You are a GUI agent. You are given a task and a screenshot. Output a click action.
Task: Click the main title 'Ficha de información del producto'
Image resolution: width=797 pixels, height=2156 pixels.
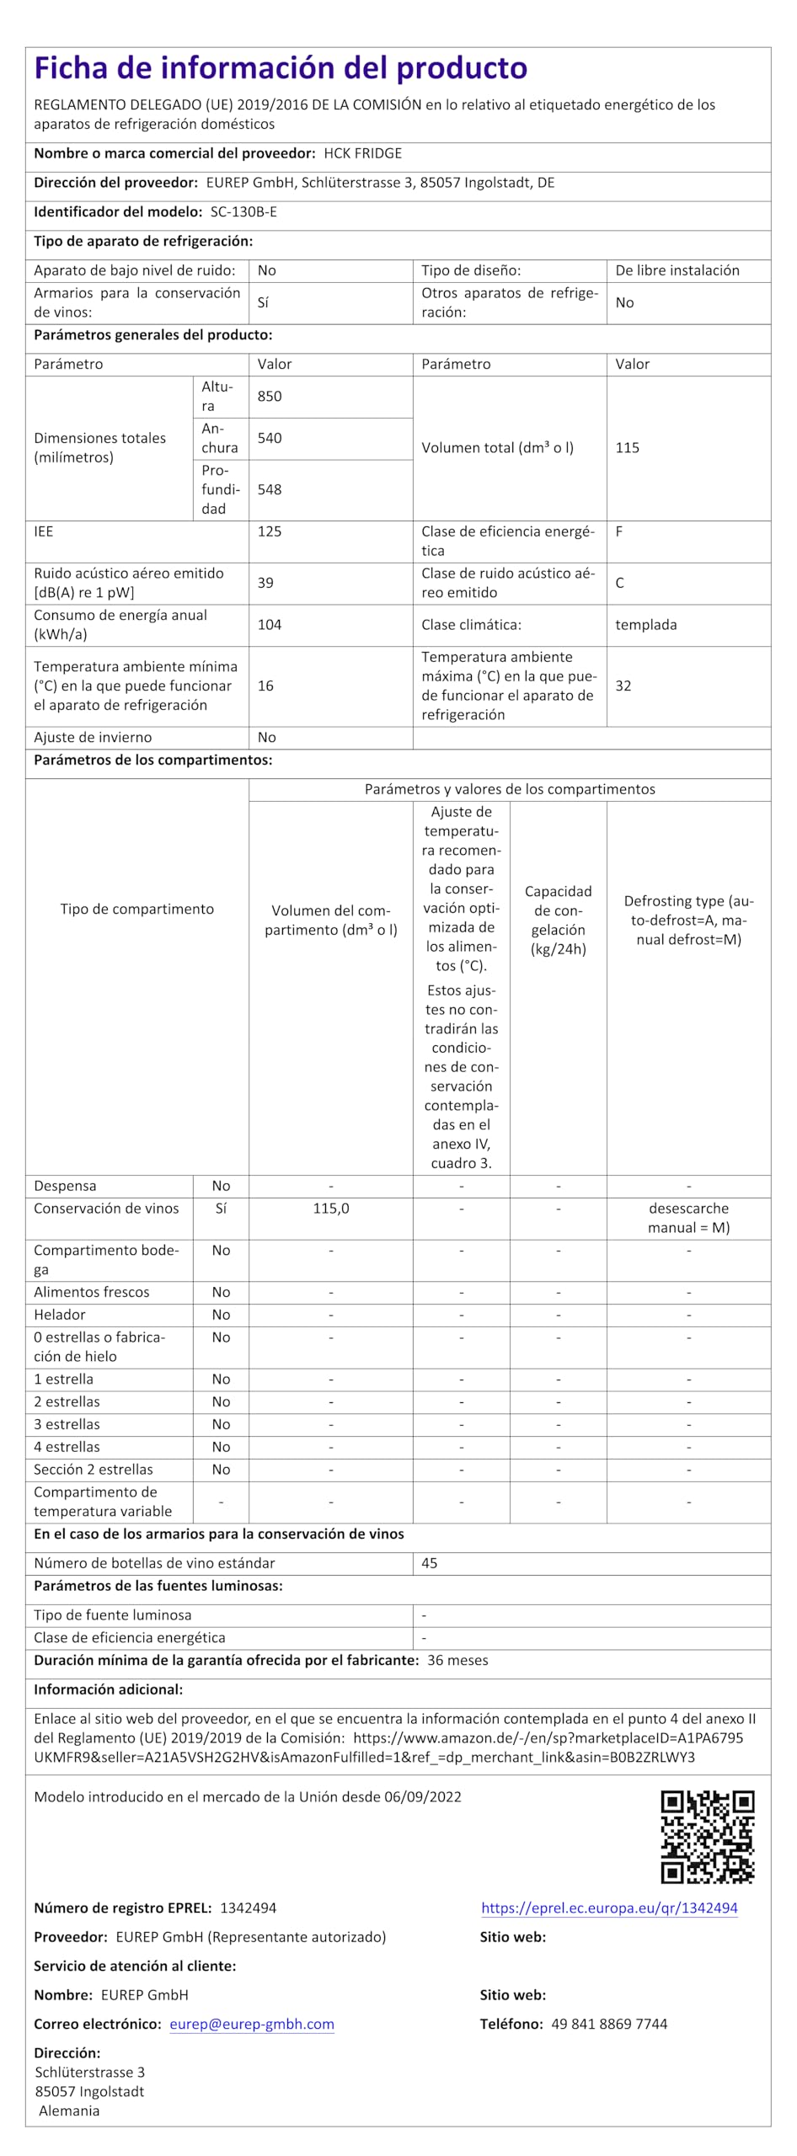pyautogui.click(x=281, y=68)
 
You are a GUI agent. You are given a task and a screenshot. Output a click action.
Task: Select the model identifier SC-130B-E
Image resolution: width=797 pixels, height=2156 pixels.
pyautogui.click(x=243, y=212)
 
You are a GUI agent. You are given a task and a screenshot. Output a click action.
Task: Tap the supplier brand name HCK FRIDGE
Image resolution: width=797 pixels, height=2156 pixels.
pyautogui.click(x=362, y=153)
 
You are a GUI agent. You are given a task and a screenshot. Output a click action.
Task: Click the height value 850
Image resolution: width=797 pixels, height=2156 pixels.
pyautogui.click(x=270, y=397)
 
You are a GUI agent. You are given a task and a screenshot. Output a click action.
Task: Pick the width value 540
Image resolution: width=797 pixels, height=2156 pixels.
pyautogui.click(x=270, y=438)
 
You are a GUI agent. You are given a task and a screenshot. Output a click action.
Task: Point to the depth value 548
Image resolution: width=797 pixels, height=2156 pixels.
pyautogui.click(x=270, y=489)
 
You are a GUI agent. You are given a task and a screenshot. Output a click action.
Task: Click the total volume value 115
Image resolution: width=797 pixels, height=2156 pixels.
pyautogui.click(x=627, y=448)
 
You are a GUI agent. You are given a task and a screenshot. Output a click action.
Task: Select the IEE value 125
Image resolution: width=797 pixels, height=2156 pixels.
pyautogui.click(x=270, y=531)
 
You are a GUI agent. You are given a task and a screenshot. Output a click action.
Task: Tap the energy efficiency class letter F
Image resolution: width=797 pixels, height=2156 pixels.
pyautogui.click(x=619, y=531)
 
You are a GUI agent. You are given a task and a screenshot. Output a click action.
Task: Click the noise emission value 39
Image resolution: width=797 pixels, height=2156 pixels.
pyautogui.click(x=265, y=583)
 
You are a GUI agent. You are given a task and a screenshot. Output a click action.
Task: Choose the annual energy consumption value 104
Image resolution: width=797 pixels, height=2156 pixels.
pyautogui.click(x=270, y=625)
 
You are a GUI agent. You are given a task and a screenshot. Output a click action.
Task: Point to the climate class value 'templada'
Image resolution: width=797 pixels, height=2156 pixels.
pyautogui.click(x=645, y=625)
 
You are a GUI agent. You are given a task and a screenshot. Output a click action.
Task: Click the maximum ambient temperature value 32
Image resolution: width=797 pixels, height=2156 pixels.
pyautogui.click(x=623, y=686)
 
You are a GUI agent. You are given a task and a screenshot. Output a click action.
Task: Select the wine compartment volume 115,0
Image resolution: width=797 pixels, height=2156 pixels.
pyautogui.click(x=330, y=1209)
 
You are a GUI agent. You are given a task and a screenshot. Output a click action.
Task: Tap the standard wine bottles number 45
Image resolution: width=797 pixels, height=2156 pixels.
pyautogui.click(x=429, y=1563)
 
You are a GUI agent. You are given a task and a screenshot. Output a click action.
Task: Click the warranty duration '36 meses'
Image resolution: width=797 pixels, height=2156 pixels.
pyautogui.click(x=457, y=1661)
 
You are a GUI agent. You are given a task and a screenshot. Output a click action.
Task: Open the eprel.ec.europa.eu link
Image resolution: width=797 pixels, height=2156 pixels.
pyautogui.click(x=609, y=1908)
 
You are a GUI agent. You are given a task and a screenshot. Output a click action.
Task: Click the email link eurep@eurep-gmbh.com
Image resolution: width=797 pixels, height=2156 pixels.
pyautogui.click(x=252, y=2024)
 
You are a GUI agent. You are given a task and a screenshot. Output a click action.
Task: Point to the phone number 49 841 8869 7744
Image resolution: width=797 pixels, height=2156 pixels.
pyautogui.click(x=609, y=2024)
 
